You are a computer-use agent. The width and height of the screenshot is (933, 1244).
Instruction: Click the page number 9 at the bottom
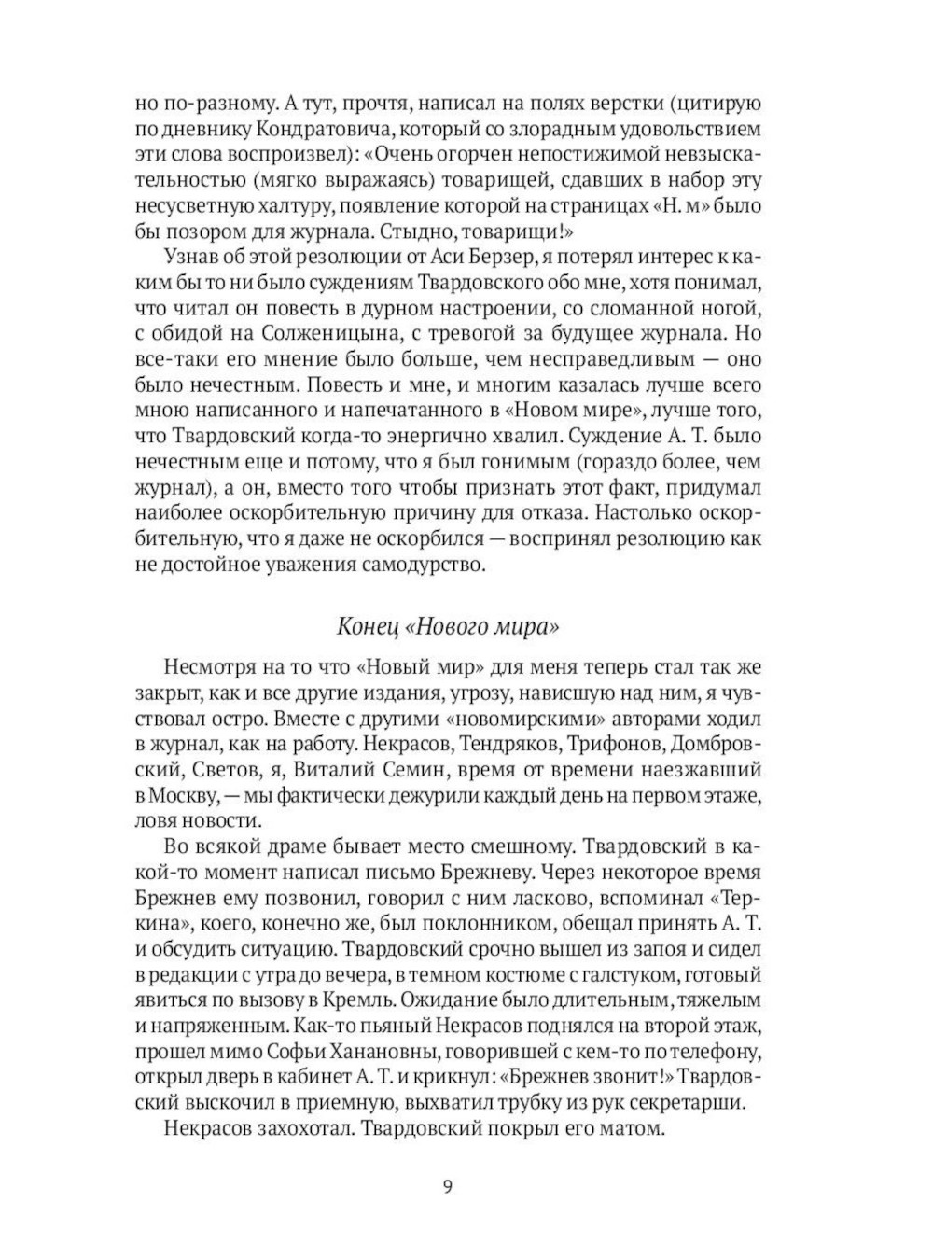click(x=448, y=1187)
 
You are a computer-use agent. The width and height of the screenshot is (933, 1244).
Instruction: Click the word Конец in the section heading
click(x=366, y=626)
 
